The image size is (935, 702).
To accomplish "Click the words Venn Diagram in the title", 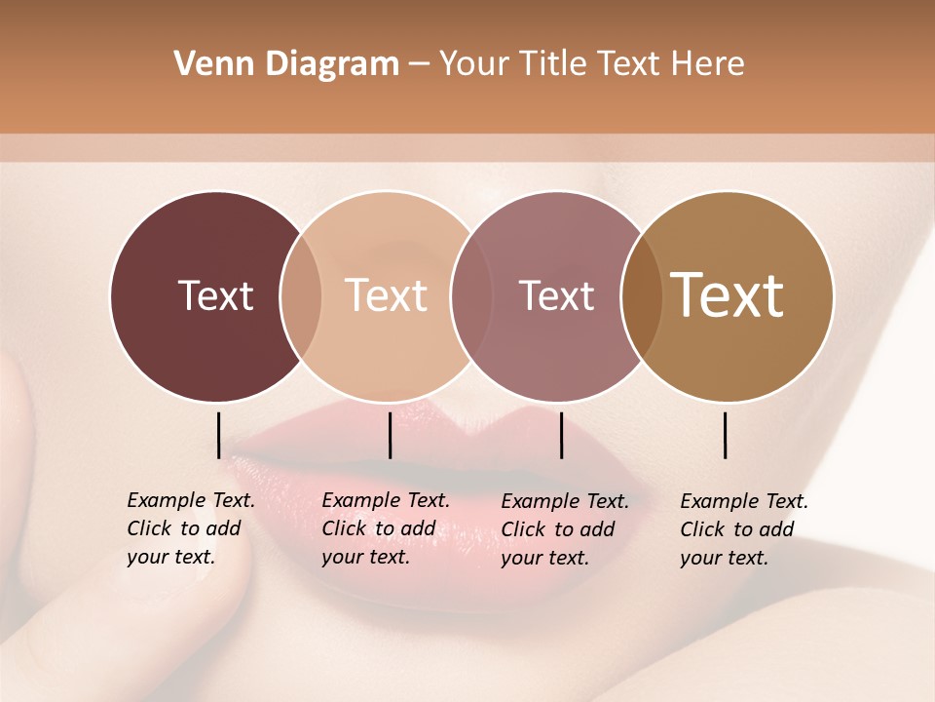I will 286,64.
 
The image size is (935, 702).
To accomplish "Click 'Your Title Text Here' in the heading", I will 591,64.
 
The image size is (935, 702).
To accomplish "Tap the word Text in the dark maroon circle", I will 215,295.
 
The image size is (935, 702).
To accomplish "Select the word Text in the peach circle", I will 387,295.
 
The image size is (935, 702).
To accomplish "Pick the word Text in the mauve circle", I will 556,295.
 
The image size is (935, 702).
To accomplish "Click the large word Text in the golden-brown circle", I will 728,295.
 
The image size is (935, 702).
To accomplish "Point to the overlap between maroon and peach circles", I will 301,296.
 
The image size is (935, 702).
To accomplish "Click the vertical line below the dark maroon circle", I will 218,435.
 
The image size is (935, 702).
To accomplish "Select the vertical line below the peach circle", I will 390,435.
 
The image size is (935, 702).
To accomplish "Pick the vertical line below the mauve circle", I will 561,435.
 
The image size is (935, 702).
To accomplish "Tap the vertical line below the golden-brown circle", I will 725,435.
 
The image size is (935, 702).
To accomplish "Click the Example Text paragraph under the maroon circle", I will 191,528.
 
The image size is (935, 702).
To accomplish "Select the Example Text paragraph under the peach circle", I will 386,528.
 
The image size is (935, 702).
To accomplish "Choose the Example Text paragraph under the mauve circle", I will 565,529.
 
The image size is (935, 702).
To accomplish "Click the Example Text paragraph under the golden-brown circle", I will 744,529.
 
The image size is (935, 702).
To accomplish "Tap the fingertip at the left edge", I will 14,409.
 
